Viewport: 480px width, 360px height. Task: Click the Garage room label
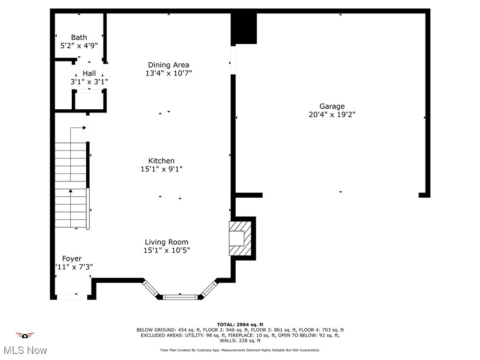pyautogui.click(x=332, y=106)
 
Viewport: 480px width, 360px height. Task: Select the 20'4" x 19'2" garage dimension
pyautogui.click(x=332, y=115)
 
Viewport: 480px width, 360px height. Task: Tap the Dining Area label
pyautogui.click(x=168, y=65)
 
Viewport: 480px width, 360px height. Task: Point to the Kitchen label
pyautogui.click(x=161, y=161)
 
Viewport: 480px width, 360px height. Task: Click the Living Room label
pyautogui.click(x=166, y=242)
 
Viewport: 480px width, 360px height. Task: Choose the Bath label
pyautogui.click(x=79, y=37)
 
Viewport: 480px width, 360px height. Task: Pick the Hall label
pyautogui.click(x=89, y=74)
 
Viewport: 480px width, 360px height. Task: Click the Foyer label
pyautogui.click(x=72, y=259)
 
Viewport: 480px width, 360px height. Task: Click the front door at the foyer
pyautogui.click(x=72, y=297)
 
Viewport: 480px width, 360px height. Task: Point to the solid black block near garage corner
pyautogui.click(x=244, y=28)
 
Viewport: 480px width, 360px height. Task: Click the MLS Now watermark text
pyautogui.click(x=25, y=350)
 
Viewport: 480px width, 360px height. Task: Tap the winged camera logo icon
pyautogui.click(x=25, y=335)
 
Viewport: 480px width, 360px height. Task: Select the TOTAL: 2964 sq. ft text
pyautogui.click(x=240, y=324)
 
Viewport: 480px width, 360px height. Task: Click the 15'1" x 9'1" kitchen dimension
pyautogui.click(x=161, y=169)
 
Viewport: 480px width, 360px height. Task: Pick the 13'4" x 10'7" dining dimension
pyautogui.click(x=168, y=73)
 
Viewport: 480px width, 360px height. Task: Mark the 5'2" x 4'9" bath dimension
pyautogui.click(x=79, y=46)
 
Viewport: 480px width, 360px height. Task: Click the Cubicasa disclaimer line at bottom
pyautogui.click(x=240, y=350)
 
